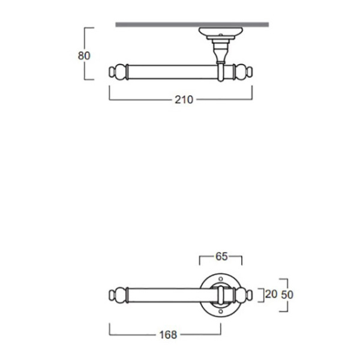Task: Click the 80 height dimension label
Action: pyautogui.click(x=84, y=56)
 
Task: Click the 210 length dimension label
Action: pyautogui.click(x=184, y=100)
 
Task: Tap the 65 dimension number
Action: pyautogui.click(x=221, y=256)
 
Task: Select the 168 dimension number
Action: pyautogui.click(x=168, y=335)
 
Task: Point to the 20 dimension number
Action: pyautogui.click(x=271, y=294)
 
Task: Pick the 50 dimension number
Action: pyautogui.click(x=287, y=295)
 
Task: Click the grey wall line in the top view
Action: pyautogui.click(x=192, y=25)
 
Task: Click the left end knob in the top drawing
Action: pyautogui.click(x=118, y=72)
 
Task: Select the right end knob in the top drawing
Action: pyautogui.click(x=243, y=72)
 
